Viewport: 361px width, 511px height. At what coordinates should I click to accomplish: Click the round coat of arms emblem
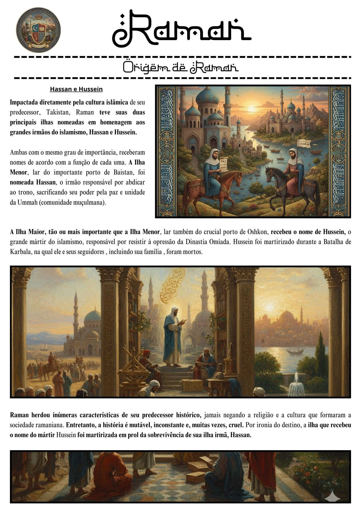pyautogui.click(x=39, y=30)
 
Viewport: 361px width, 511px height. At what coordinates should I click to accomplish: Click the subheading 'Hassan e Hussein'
pyautogui.click(x=76, y=89)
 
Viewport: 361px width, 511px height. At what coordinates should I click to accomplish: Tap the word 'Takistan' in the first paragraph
pyautogui.click(x=57, y=112)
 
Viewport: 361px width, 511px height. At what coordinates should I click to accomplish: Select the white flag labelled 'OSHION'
pyautogui.click(x=304, y=144)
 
